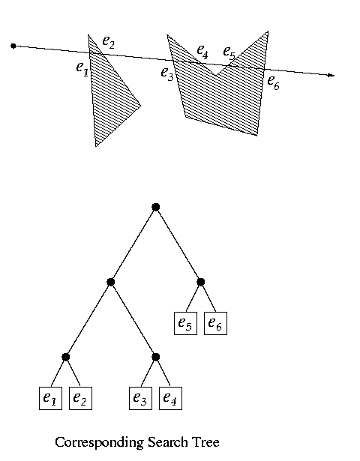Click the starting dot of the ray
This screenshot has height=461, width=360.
point(13,46)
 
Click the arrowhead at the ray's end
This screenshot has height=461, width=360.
point(331,76)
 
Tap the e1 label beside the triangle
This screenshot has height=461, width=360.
point(82,69)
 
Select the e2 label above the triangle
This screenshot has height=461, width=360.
point(108,42)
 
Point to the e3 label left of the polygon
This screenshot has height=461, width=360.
point(167,73)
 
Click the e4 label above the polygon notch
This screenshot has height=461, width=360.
point(202,51)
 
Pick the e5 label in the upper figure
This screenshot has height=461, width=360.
point(229,52)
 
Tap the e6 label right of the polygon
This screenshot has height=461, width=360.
point(273,82)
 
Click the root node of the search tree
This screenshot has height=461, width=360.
point(155,207)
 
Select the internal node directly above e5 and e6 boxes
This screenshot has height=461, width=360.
point(200,282)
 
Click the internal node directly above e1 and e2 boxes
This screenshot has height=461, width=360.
point(65,357)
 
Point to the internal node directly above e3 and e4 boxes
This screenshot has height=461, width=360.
point(155,357)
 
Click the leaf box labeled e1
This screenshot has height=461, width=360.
point(50,398)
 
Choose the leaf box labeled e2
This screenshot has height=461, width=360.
point(80,398)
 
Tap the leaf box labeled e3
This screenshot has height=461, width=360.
point(140,398)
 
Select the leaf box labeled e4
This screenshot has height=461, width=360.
point(170,398)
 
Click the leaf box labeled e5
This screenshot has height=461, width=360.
point(185,323)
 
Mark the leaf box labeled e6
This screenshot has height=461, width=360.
point(215,323)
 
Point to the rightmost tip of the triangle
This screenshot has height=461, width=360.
point(140,106)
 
